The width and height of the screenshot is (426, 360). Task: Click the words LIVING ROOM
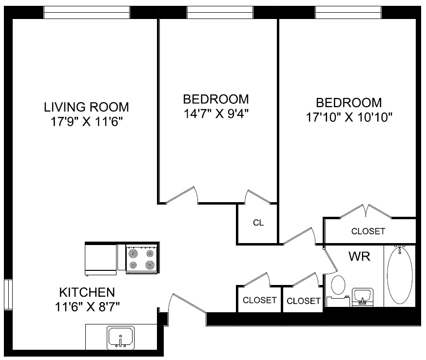coord(86,107)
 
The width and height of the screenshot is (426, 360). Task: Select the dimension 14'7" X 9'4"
coord(215,114)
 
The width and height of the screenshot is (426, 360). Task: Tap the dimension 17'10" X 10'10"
coord(349,117)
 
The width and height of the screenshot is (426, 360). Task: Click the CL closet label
coord(258,223)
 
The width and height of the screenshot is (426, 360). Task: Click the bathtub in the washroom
coord(400,276)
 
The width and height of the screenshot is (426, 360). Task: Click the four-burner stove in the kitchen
coord(142,259)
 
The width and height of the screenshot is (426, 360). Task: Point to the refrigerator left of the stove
coord(101,258)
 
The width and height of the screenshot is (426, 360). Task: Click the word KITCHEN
coord(87,293)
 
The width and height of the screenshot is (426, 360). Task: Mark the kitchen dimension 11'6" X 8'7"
coord(87,307)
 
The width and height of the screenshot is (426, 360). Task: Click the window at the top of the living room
coord(87,12)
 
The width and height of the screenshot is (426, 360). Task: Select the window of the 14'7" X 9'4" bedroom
coord(220,12)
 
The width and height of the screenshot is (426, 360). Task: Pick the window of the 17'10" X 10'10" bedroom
coord(349,12)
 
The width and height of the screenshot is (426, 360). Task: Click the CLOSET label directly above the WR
coord(368,231)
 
